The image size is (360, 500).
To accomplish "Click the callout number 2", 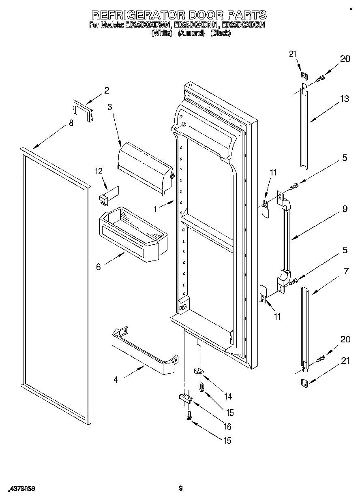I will pyautogui.click(x=107, y=91).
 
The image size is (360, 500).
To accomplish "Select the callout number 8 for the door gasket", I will pyautogui.click(x=71, y=124).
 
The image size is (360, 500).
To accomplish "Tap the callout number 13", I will pyautogui.click(x=344, y=98).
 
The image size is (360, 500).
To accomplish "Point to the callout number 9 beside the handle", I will pyautogui.click(x=345, y=209).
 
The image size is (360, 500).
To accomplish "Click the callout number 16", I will pyautogui.click(x=227, y=426).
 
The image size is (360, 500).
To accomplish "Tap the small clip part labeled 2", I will pyautogui.click(x=83, y=111).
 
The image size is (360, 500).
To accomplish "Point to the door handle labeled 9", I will pyautogui.click(x=285, y=239).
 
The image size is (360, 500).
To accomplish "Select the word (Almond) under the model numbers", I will pyautogui.click(x=191, y=33).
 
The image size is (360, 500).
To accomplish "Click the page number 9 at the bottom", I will pyautogui.click(x=181, y=488).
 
